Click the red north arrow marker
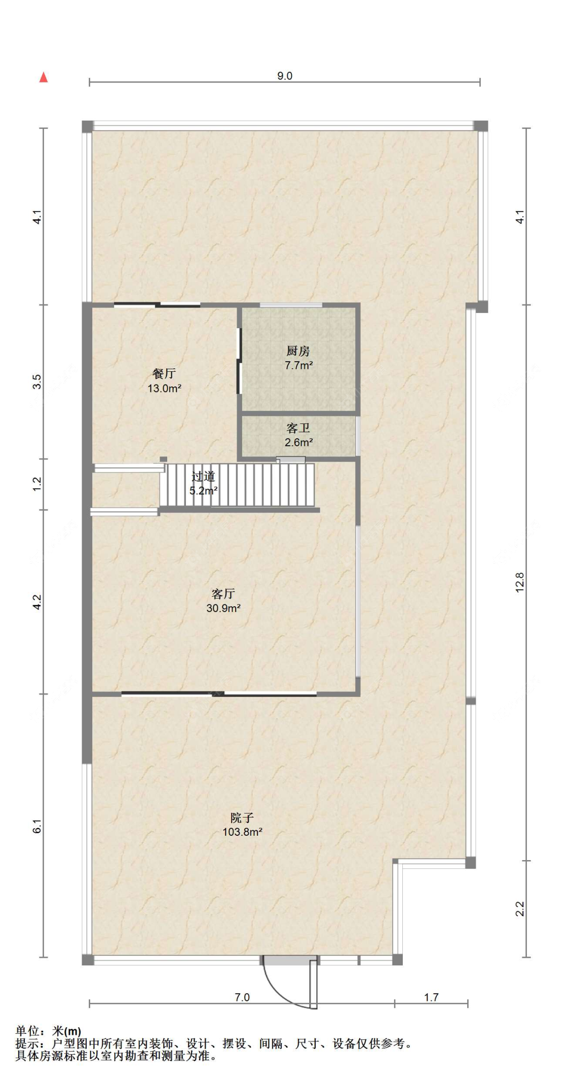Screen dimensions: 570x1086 (x=44, y=77)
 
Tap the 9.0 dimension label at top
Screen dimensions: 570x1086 (x=285, y=76)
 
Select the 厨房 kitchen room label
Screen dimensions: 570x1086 (x=298, y=351)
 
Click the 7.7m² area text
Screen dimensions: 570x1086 (x=298, y=365)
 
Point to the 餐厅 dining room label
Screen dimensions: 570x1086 (x=164, y=374)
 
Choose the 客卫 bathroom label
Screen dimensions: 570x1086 (x=298, y=429)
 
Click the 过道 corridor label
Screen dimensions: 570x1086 (x=203, y=477)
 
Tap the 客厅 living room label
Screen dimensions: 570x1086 (x=223, y=594)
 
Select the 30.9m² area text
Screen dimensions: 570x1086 (x=223, y=608)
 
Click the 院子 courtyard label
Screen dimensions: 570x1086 (x=242, y=818)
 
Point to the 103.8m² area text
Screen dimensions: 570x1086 (x=242, y=832)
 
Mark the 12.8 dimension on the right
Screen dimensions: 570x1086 (x=520, y=583)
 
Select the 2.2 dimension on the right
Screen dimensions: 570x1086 (x=520, y=909)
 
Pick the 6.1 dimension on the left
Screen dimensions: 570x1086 (x=37, y=826)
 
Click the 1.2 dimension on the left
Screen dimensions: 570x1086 (x=37, y=484)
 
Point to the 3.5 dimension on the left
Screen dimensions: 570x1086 (x=37, y=381)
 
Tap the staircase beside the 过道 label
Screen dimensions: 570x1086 (x=237, y=485)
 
